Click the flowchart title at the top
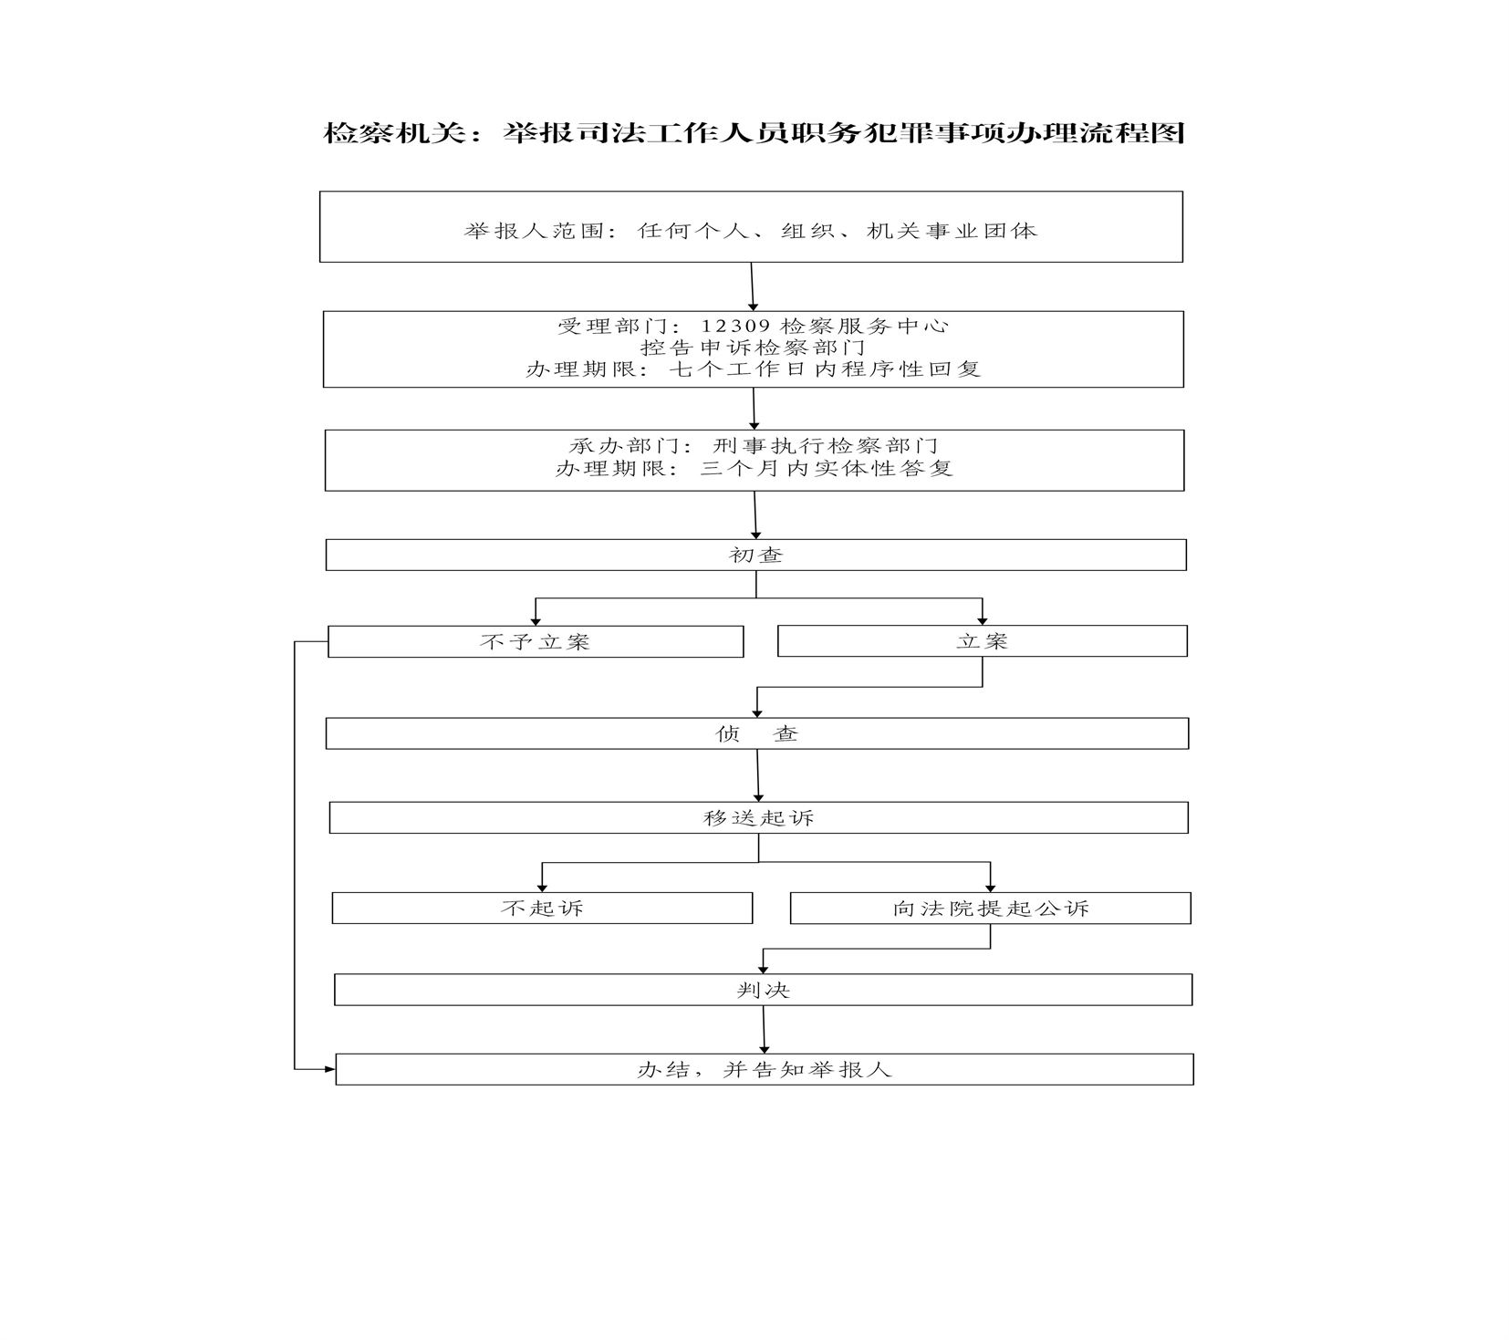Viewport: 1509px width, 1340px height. [x=754, y=133]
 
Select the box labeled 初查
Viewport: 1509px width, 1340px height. [x=755, y=555]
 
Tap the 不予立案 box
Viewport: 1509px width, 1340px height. [x=536, y=641]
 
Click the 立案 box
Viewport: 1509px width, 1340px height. [x=982, y=641]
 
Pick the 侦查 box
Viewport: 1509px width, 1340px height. [x=757, y=733]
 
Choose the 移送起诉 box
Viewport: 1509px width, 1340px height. [x=758, y=817]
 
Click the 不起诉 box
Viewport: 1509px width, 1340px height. [x=542, y=908]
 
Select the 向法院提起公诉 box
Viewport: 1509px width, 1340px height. [x=990, y=908]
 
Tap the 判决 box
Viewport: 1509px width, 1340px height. [x=763, y=990]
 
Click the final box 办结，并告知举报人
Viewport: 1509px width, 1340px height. [x=765, y=1069]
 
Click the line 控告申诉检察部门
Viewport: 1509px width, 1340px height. [x=753, y=348]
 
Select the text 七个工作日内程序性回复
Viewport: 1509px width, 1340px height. [x=825, y=369]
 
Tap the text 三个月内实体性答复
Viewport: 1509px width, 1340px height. [x=827, y=468]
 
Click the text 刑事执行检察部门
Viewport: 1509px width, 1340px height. [x=825, y=446]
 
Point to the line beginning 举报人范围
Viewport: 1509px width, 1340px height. [x=751, y=231]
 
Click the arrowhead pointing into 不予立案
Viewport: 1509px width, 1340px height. [x=536, y=621]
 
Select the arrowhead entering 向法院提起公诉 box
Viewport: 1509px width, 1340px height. [x=990, y=888]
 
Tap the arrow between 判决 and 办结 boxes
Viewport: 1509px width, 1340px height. [x=764, y=1030]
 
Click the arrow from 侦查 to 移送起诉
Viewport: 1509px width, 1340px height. [x=757, y=775]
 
